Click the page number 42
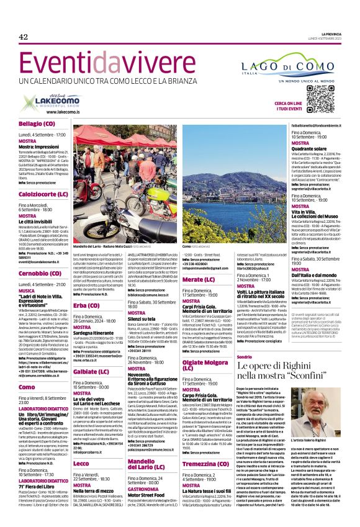(24, 37)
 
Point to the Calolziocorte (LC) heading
(43, 194)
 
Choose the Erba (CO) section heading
(86, 306)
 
